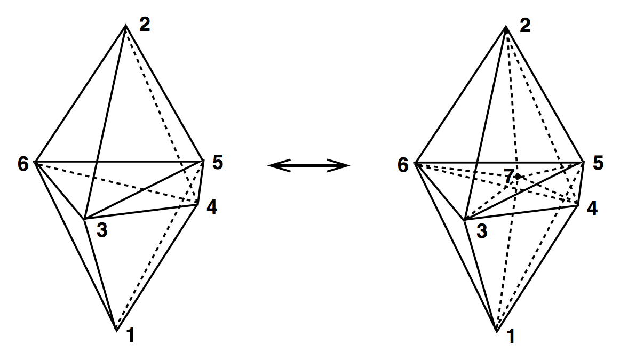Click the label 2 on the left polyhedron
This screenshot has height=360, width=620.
(x=144, y=25)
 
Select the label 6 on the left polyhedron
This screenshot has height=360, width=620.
(x=23, y=164)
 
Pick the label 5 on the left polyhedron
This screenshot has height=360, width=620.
(x=217, y=163)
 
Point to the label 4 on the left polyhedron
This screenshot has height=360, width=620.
(x=212, y=207)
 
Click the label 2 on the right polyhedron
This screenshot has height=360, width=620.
(x=524, y=25)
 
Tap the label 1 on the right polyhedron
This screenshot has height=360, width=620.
(x=511, y=338)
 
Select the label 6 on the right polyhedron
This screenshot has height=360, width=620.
(x=403, y=165)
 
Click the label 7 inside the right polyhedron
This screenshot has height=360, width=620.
(x=509, y=177)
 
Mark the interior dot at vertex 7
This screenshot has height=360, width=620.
(x=517, y=176)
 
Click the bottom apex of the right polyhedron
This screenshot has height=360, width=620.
(x=497, y=331)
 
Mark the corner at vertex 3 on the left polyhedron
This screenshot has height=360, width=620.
(x=84, y=219)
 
